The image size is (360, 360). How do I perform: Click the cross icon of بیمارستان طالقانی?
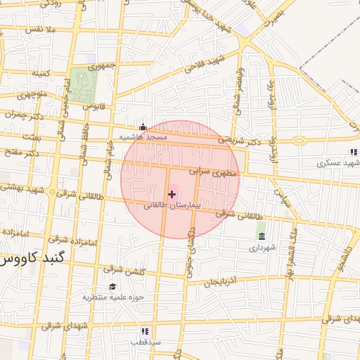(172, 193)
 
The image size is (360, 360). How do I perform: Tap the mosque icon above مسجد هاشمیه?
(143, 127)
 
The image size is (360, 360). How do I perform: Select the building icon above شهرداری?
(262, 236)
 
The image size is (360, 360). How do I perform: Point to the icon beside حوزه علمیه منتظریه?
(112, 286)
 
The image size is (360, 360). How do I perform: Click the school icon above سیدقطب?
(145, 331)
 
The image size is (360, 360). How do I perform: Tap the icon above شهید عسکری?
(353, 152)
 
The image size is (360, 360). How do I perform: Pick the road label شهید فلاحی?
(205, 63)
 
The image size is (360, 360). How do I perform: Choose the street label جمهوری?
(102, 66)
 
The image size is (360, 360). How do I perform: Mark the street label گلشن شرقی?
(123, 269)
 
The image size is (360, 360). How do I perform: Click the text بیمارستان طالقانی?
(172, 206)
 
